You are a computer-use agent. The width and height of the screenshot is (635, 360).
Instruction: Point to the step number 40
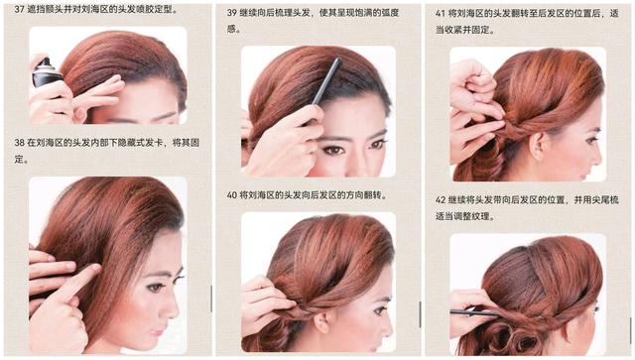232,195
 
